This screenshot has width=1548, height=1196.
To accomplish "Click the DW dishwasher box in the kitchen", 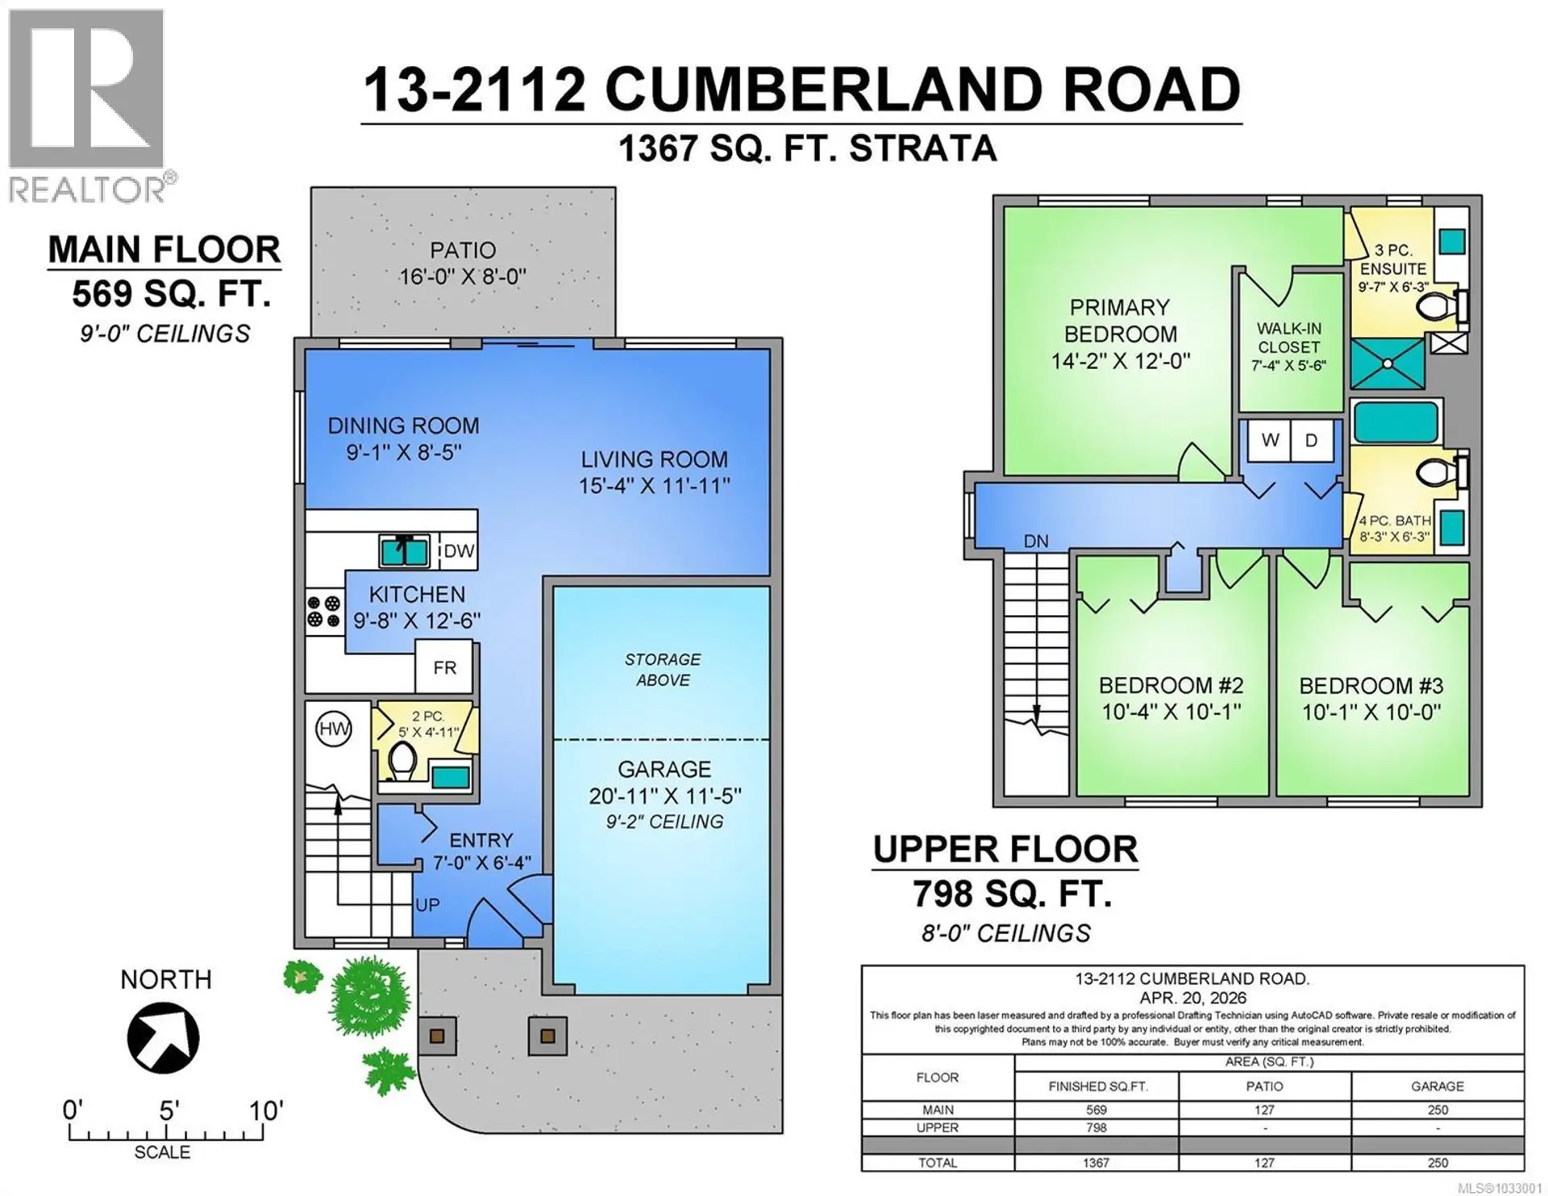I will pos(458,551).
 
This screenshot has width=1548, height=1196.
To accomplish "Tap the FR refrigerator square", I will pos(444,667).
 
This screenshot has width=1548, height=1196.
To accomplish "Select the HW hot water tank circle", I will pos(333,729).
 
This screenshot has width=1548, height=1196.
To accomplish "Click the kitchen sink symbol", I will pos(404,551).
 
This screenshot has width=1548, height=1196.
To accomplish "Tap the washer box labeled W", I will pos(1270,441).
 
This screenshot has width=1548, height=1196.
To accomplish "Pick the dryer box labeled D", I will pos(1311,441).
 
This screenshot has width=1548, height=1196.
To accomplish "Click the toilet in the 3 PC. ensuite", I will pos(1434,306).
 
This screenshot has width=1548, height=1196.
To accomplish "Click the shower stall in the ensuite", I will pos(1388,363).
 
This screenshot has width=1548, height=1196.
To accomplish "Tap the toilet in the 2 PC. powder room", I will pos(402,760).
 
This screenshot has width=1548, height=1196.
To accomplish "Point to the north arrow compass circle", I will pos(163,1037).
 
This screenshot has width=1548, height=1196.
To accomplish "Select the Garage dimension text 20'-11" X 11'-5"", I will pos(664,796).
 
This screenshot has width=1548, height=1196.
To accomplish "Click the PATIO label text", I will pos(462,251).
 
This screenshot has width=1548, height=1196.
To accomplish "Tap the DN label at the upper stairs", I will pos(1036,541).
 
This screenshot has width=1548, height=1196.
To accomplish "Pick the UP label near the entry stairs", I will pos(427,905).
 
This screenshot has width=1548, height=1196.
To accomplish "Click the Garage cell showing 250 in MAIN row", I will pos(1437,1110).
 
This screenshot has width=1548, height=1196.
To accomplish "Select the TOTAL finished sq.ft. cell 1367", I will pos(1096,1163).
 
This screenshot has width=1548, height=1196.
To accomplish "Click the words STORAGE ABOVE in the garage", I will pos(663,670).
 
